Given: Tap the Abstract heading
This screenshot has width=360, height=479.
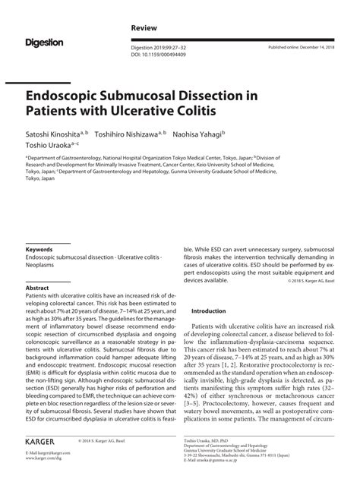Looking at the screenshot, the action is [x=37, y=288].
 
